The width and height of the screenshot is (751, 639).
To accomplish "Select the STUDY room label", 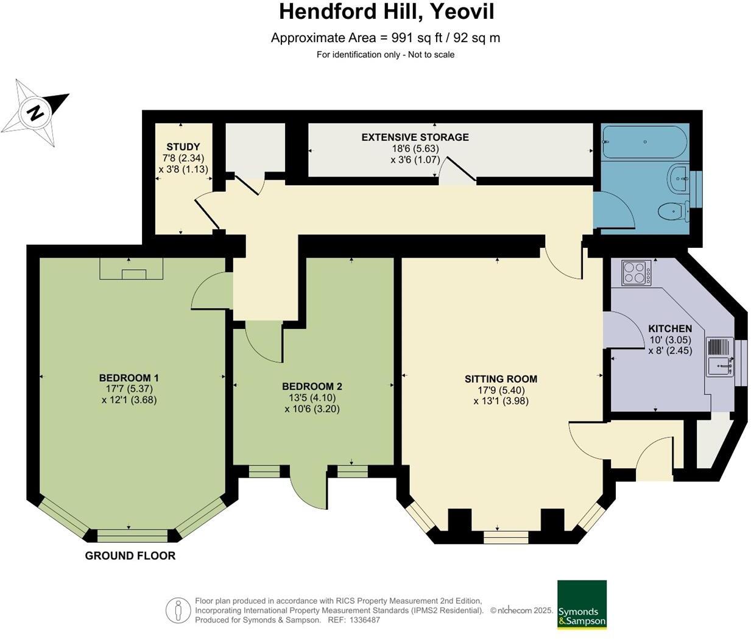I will [x=183, y=147].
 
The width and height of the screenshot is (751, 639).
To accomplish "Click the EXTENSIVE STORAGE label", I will [x=415, y=137].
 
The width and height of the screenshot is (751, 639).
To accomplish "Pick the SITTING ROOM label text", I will [x=501, y=379].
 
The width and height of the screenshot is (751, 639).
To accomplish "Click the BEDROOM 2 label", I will [x=312, y=386].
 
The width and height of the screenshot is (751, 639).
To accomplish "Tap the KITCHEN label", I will [x=670, y=328].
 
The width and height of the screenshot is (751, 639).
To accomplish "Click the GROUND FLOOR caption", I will [x=130, y=556].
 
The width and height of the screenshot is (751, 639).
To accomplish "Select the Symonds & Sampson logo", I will [x=582, y=604].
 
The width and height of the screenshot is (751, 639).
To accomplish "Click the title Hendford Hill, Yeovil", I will [x=386, y=12].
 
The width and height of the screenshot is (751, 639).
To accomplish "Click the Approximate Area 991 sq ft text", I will [x=385, y=38].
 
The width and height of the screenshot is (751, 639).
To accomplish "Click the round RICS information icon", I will [x=178, y=610].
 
